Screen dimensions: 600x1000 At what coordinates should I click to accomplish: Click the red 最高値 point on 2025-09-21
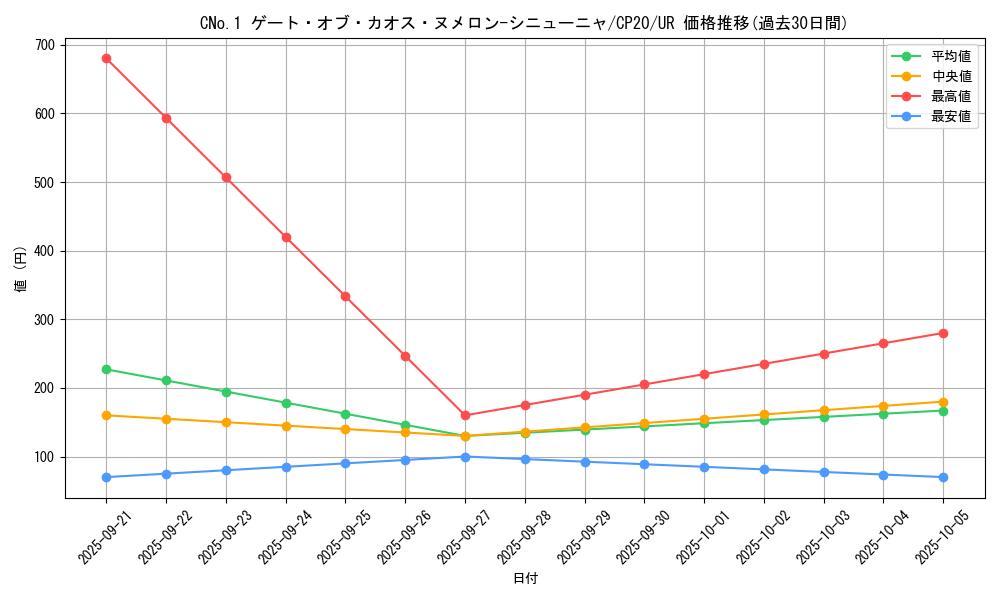(x=106, y=58)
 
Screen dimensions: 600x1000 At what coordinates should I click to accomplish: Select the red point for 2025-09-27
(x=465, y=415)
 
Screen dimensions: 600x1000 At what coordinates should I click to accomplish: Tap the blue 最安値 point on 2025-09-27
(x=465, y=457)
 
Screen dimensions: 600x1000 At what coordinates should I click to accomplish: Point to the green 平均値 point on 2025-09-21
(x=106, y=369)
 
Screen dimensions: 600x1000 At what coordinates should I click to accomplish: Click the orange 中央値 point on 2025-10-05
(x=943, y=402)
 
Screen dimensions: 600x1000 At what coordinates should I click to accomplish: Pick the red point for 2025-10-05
(x=943, y=333)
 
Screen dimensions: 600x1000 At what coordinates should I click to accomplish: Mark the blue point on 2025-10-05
(x=943, y=477)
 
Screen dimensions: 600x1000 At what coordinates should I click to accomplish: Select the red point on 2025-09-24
(x=286, y=237)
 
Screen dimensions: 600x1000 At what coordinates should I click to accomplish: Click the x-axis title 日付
(x=525, y=579)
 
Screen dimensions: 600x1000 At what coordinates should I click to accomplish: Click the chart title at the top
(x=524, y=23)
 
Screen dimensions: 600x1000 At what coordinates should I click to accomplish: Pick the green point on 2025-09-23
(x=226, y=392)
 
